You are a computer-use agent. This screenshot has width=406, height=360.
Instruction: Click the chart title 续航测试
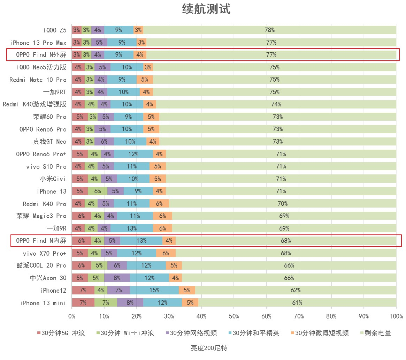click(206, 9)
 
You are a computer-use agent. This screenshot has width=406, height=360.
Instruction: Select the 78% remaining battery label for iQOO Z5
click(269, 30)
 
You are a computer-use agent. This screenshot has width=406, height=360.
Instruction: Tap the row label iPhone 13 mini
click(43, 303)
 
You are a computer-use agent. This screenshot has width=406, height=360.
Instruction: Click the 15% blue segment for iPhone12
click(154, 290)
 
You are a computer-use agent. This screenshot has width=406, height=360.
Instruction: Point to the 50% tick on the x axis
click(234, 316)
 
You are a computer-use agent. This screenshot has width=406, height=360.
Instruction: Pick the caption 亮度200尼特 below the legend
click(209, 348)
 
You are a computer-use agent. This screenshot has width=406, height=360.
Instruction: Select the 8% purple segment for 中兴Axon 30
click(117, 278)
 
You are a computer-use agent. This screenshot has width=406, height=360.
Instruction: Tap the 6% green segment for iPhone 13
click(98, 191)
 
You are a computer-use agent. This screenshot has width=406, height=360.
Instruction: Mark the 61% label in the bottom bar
click(297, 303)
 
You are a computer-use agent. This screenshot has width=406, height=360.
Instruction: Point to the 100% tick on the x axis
click(396, 316)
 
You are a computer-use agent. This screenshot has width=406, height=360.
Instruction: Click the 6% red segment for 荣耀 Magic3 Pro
click(82, 216)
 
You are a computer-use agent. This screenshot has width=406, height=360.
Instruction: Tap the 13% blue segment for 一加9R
click(132, 228)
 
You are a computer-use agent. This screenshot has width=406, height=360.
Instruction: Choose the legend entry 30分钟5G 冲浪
click(61, 333)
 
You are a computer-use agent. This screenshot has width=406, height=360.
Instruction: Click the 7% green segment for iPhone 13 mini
click(106, 303)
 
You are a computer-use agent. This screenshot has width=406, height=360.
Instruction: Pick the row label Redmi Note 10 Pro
click(38, 80)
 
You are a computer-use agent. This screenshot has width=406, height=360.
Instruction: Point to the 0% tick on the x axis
click(72, 316)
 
